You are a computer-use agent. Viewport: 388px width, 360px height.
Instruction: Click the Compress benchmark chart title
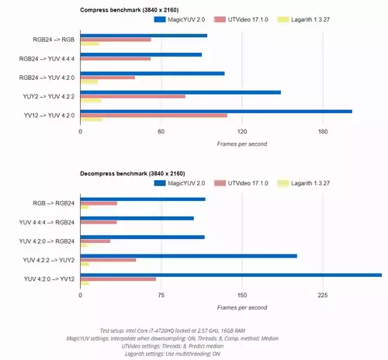point(130,10)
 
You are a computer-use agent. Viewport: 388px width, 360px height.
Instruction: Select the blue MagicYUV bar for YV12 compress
point(217,112)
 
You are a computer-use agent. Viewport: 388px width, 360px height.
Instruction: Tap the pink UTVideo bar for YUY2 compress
point(133,96)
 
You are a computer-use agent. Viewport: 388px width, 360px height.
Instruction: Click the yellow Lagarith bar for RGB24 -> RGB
point(90,44)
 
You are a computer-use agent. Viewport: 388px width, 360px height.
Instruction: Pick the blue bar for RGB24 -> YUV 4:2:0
point(152,74)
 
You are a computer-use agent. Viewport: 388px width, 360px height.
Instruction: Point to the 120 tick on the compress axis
point(242,131)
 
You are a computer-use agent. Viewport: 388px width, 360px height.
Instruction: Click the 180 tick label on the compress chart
point(323,131)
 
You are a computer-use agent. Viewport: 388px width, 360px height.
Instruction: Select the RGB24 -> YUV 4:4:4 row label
point(47,59)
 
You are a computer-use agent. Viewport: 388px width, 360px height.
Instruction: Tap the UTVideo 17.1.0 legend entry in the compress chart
point(241,19)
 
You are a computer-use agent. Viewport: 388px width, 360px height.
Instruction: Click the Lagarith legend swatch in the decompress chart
point(283,183)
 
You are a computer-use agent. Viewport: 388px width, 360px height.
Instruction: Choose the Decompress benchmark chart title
point(133,174)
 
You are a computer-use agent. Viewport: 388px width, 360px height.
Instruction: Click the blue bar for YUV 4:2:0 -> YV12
point(231,275)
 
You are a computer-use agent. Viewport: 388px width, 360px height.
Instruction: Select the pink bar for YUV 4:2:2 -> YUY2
point(108,260)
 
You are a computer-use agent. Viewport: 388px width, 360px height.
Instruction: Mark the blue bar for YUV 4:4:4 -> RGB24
point(137,218)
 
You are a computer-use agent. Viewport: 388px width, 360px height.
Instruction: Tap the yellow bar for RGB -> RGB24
point(85,207)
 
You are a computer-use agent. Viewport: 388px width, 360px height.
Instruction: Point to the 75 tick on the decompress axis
point(161,295)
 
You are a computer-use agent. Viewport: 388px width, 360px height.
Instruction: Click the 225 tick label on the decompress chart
point(323,295)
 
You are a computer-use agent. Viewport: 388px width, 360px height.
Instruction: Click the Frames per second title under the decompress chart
point(242,307)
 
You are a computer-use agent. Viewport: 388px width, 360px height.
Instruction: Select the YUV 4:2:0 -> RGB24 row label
point(47,241)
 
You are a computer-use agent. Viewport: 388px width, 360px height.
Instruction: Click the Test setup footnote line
point(172,331)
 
